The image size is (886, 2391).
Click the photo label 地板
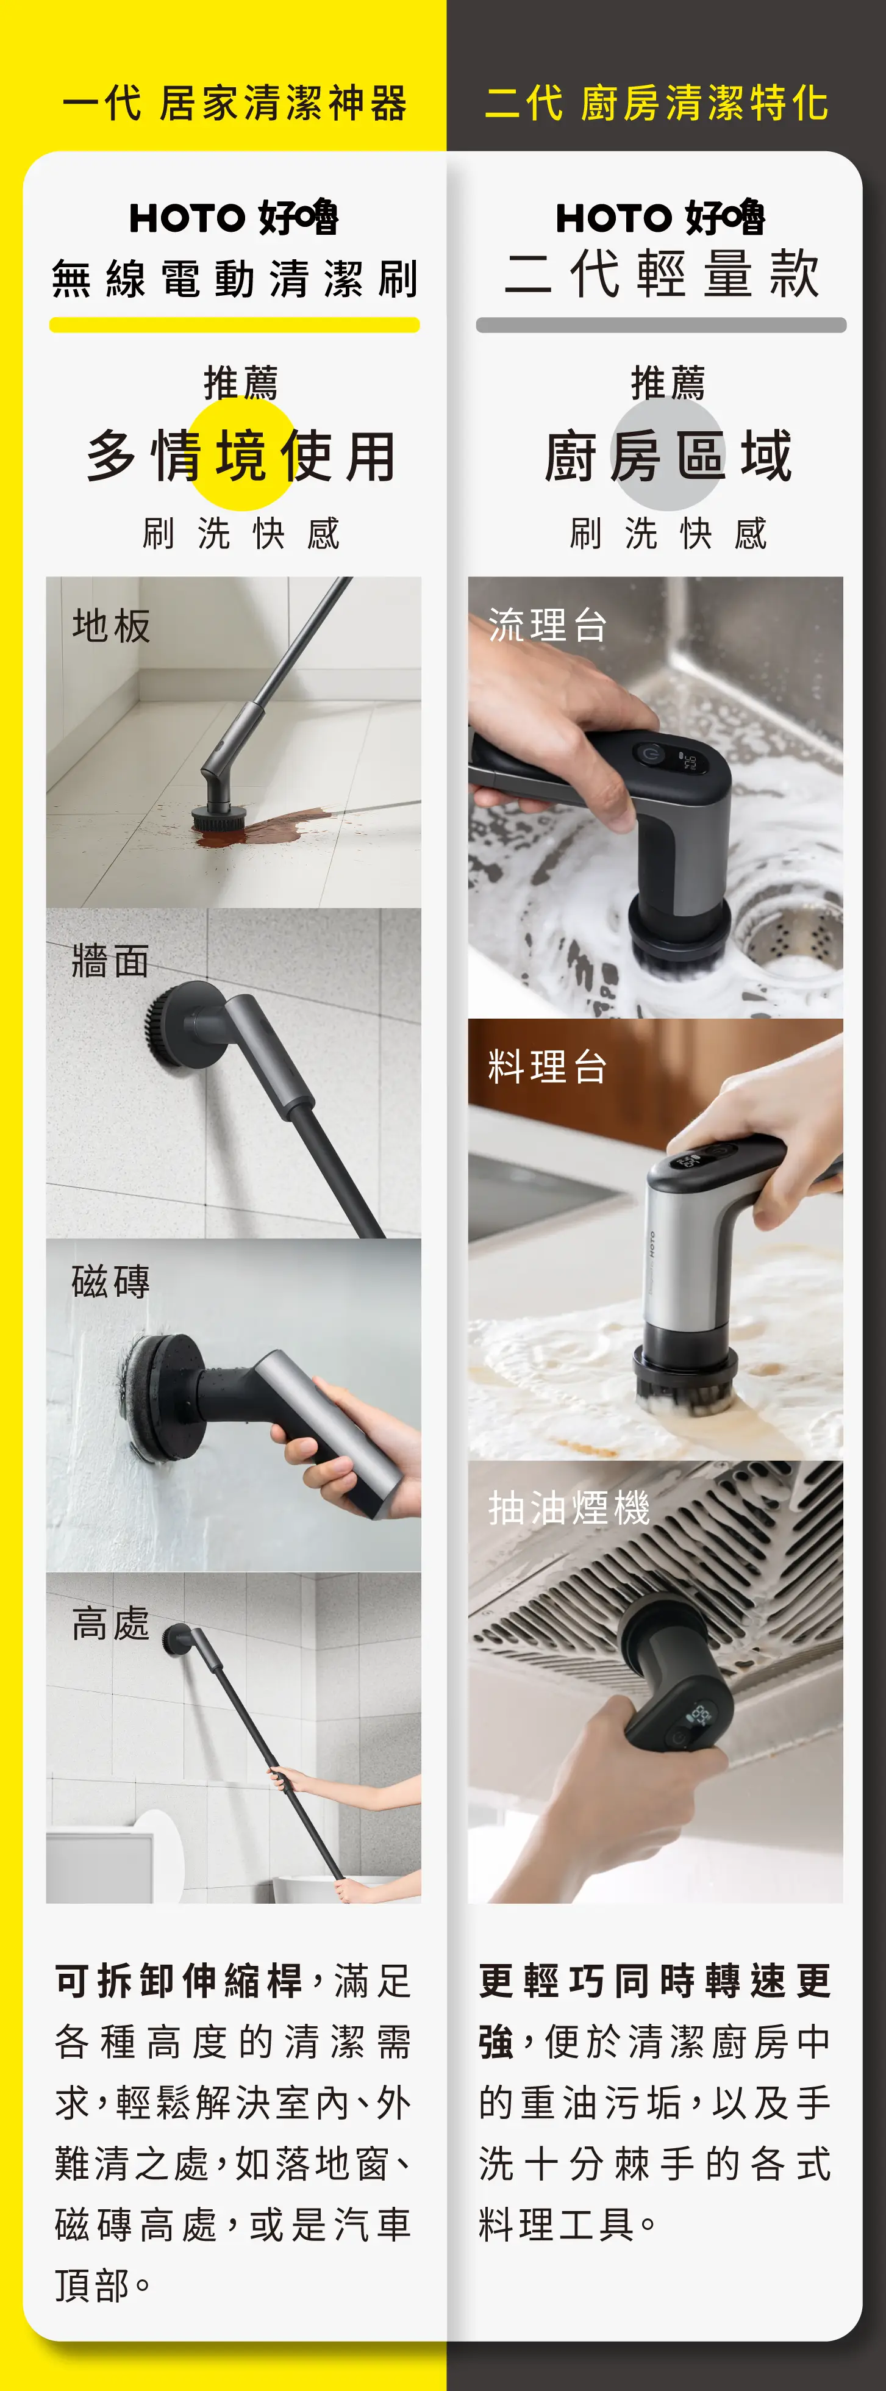pyautogui.click(x=112, y=626)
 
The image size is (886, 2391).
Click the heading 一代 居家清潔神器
pyautogui.click(x=235, y=103)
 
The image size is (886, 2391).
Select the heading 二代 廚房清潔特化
pyautogui.click(x=657, y=103)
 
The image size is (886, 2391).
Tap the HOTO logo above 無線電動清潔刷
pyautogui.click(x=234, y=218)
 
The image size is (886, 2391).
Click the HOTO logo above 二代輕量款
pyautogui.click(x=660, y=218)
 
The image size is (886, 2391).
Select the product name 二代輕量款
pyautogui.click(x=662, y=274)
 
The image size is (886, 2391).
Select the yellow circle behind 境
pyautogui.click(x=242, y=455)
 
